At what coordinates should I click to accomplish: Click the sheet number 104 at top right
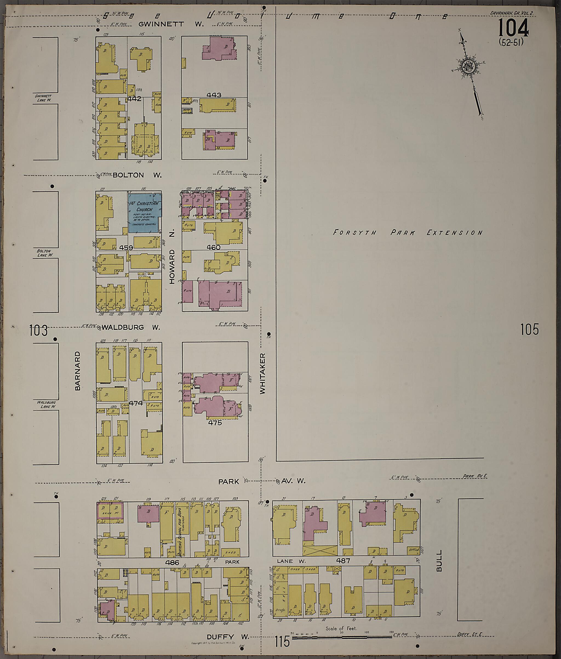[x=513, y=28]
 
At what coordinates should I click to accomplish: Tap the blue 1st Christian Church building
[x=144, y=212]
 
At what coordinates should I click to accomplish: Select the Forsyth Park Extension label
[x=408, y=233]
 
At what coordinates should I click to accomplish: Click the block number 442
[x=134, y=99]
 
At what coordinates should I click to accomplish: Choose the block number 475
[x=214, y=423]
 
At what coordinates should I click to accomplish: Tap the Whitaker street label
[x=262, y=373]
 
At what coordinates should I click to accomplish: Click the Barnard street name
[x=77, y=371]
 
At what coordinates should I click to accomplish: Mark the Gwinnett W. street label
[x=171, y=24]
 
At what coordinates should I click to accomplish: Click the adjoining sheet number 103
[x=38, y=330]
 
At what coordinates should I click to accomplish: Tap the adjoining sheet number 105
[x=529, y=329]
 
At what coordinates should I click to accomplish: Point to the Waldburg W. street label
[x=131, y=327]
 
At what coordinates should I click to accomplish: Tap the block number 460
[x=213, y=247]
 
